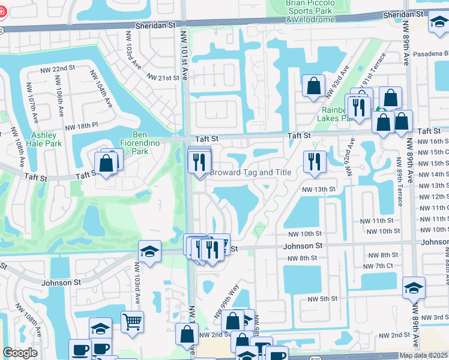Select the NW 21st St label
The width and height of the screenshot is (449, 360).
click(x=164, y=77)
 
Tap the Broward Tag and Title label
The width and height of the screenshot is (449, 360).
click(x=250, y=173)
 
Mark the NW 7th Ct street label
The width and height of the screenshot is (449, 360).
click(x=381, y=266)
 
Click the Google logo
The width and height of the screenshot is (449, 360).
click(x=20, y=352)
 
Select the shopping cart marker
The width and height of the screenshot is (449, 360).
click(x=132, y=321)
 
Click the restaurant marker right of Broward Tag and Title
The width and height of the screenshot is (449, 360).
click(x=315, y=161)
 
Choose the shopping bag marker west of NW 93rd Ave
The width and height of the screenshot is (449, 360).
click(x=313, y=86)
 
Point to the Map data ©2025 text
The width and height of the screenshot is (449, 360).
click(x=423, y=355)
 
